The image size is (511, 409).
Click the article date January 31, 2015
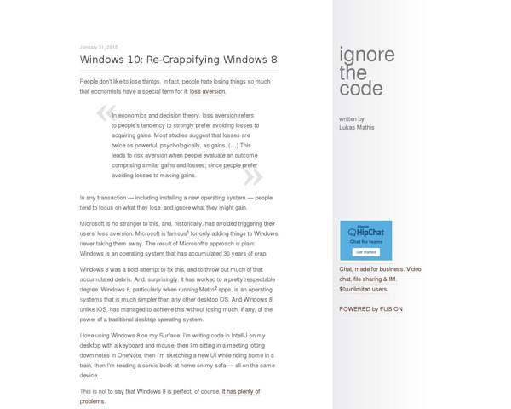pyautogui.click(x=99, y=47)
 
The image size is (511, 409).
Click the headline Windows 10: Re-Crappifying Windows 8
pyautogui.click(x=178, y=60)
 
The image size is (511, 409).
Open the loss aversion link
pyautogui.click(x=208, y=90)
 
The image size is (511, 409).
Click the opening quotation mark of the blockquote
pyautogui.click(x=106, y=113)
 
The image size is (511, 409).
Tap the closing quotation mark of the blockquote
pyautogui.click(x=253, y=176)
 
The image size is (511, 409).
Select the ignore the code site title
pyautogui.click(x=367, y=72)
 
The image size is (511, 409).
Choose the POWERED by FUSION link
pyautogui.click(x=371, y=308)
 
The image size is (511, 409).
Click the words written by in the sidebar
pyautogui.click(x=351, y=119)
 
